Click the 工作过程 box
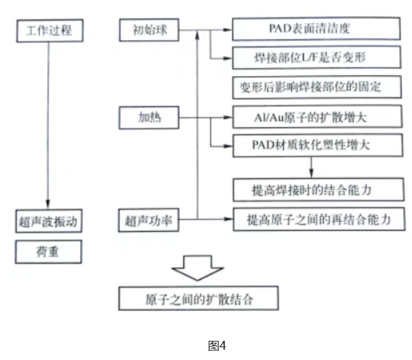tap(49, 29)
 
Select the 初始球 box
tap(149, 29)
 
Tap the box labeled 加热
tap(149, 117)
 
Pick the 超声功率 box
tap(149, 221)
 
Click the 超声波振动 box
tap(49, 221)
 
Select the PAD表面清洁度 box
tap(317, 29)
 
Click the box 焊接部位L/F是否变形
tap(317, 57)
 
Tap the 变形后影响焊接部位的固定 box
tap(317, 86)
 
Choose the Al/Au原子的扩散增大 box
tap(317, 117)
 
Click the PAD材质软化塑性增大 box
tap(317, 144)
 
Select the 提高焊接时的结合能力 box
tap(317, 190)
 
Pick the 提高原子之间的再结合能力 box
tap(317, 219)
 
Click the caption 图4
tap(217, 345)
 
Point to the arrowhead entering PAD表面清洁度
tap(228, 29)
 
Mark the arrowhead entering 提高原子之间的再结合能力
tap(228, 220)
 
